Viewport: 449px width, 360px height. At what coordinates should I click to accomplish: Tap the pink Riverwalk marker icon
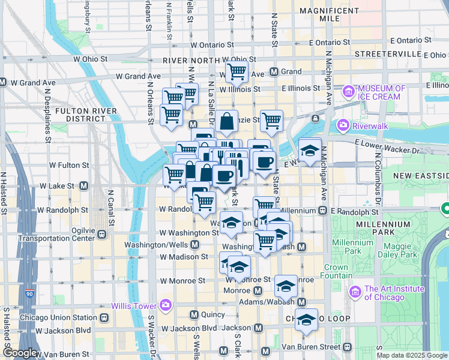point(343,125)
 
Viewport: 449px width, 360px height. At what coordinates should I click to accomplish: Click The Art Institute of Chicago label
point(394,293)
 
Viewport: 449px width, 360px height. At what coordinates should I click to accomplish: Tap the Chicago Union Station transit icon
point(104,317)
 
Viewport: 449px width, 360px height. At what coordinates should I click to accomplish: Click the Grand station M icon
point(274,71)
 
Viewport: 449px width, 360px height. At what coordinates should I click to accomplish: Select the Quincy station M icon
point(194,314)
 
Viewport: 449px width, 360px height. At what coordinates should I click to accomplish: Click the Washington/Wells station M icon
point(195,245)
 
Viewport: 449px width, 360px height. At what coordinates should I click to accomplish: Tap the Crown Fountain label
point(336,271)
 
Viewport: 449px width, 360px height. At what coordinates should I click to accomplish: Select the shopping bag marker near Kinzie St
point(228,122)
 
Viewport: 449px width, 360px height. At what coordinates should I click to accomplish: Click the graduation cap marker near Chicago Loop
point(306,319)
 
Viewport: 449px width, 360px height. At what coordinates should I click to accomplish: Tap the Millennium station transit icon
point(322,211)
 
